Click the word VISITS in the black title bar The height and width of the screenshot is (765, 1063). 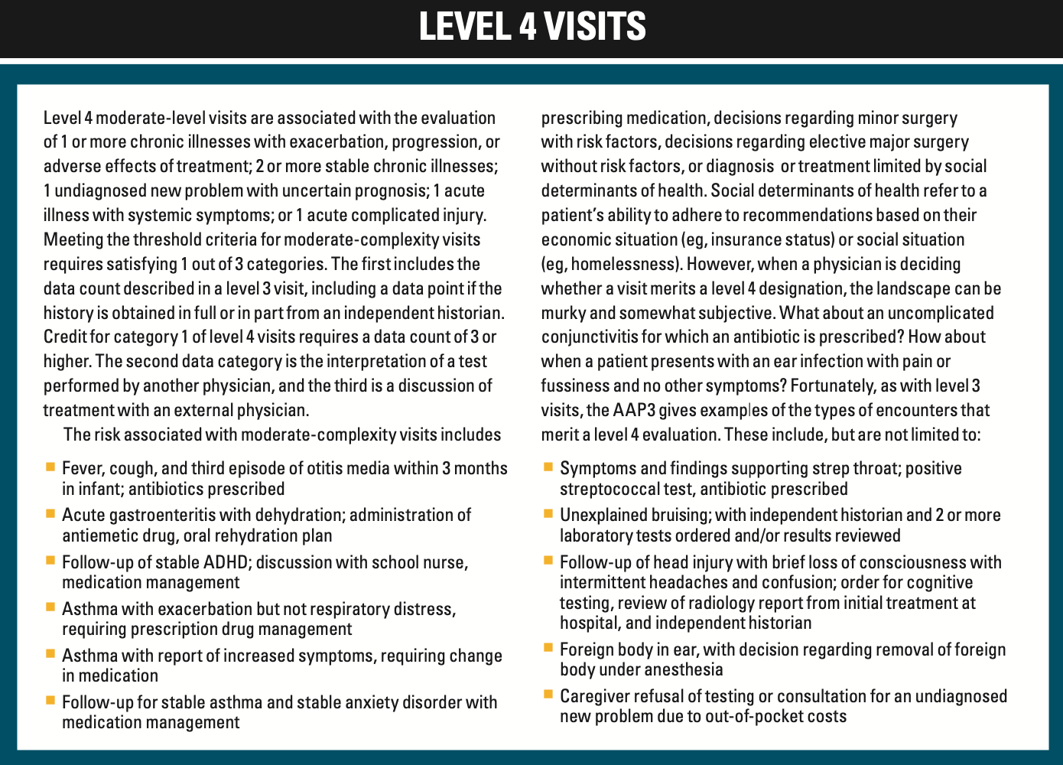coord(595,26)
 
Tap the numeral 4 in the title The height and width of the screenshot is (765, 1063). coord(527,26)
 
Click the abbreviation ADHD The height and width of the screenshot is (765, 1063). coord(226,562)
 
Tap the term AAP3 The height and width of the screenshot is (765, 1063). coord(634,410)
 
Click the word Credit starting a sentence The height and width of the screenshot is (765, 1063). coord(66,337)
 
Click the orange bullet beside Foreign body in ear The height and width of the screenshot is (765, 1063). coord(548,647)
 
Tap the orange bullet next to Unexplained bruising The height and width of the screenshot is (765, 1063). coord(548,513)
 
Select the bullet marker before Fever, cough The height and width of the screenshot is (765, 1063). coord(50,466)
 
